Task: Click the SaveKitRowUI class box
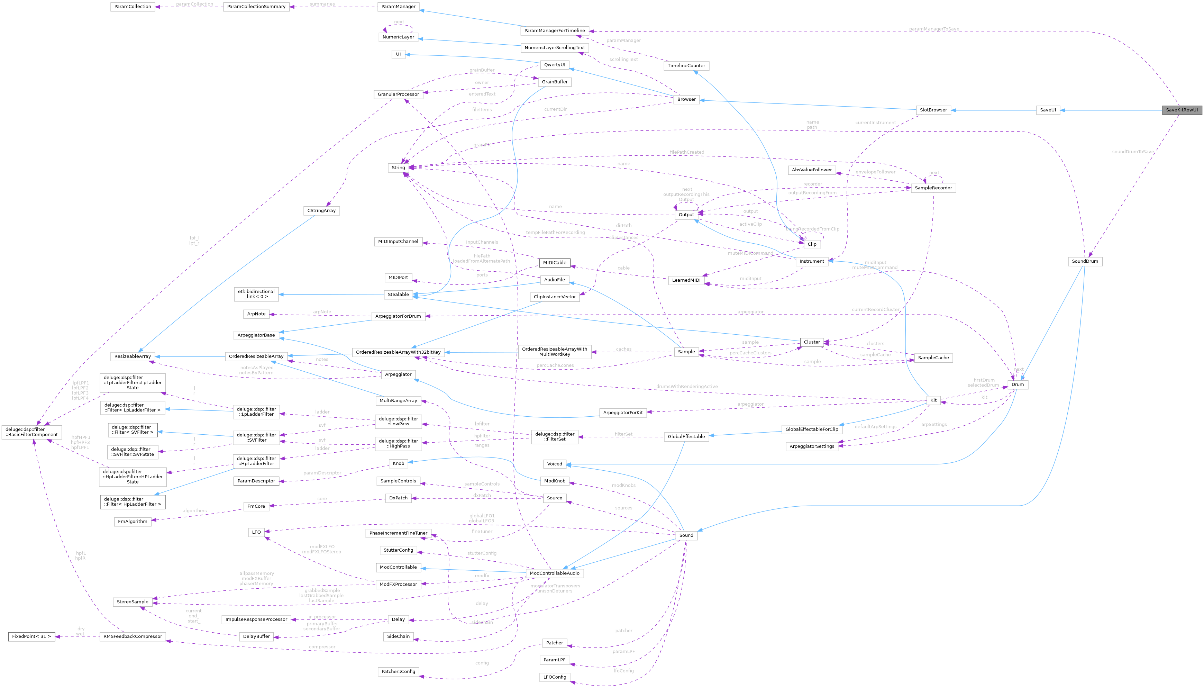(1182, 110)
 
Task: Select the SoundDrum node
(1085, 261)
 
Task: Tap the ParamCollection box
(133, 7)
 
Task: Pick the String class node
(398, 168)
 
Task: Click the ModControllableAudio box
(555, 573)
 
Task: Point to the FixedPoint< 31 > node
(31, 636)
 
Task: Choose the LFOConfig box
(555, 677)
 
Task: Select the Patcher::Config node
(398, 671)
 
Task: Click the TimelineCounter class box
(686, 66)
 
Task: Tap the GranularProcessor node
(398, 94)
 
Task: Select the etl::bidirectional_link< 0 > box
(256, 294)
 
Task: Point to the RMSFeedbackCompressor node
(133, 636)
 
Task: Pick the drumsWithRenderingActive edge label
(687, 387)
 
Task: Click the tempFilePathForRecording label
(555, 233)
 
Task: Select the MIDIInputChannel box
(398, 242)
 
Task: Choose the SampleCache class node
(933, 358)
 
